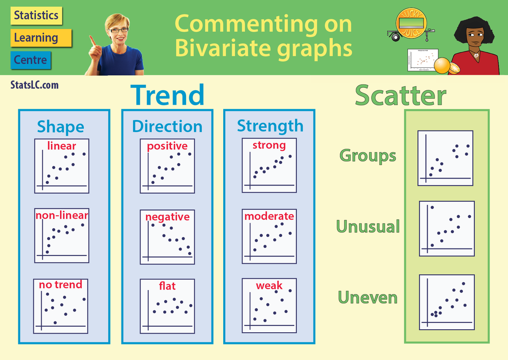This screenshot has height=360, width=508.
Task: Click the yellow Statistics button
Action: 36,15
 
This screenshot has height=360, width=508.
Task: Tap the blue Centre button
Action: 31,60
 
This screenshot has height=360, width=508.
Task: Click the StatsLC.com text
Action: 34,85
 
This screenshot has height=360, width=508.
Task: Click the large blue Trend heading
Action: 168,95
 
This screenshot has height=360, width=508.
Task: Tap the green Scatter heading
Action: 400,95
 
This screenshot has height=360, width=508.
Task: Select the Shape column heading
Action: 61,126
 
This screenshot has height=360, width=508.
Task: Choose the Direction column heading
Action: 167,126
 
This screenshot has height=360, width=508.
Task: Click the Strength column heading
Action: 270,126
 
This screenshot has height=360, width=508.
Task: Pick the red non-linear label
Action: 62,215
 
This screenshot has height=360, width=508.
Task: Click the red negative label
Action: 167,217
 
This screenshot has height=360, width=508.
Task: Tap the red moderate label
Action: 269,216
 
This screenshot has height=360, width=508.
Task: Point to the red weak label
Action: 269,286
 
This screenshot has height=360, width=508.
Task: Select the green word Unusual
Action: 368,227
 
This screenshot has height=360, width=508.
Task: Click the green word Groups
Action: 368,156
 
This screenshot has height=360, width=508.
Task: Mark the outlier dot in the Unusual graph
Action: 432,207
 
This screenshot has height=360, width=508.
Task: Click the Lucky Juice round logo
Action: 411,23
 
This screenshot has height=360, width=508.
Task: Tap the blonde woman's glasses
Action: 119,30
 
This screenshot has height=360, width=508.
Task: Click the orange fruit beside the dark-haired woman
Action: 442,65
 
